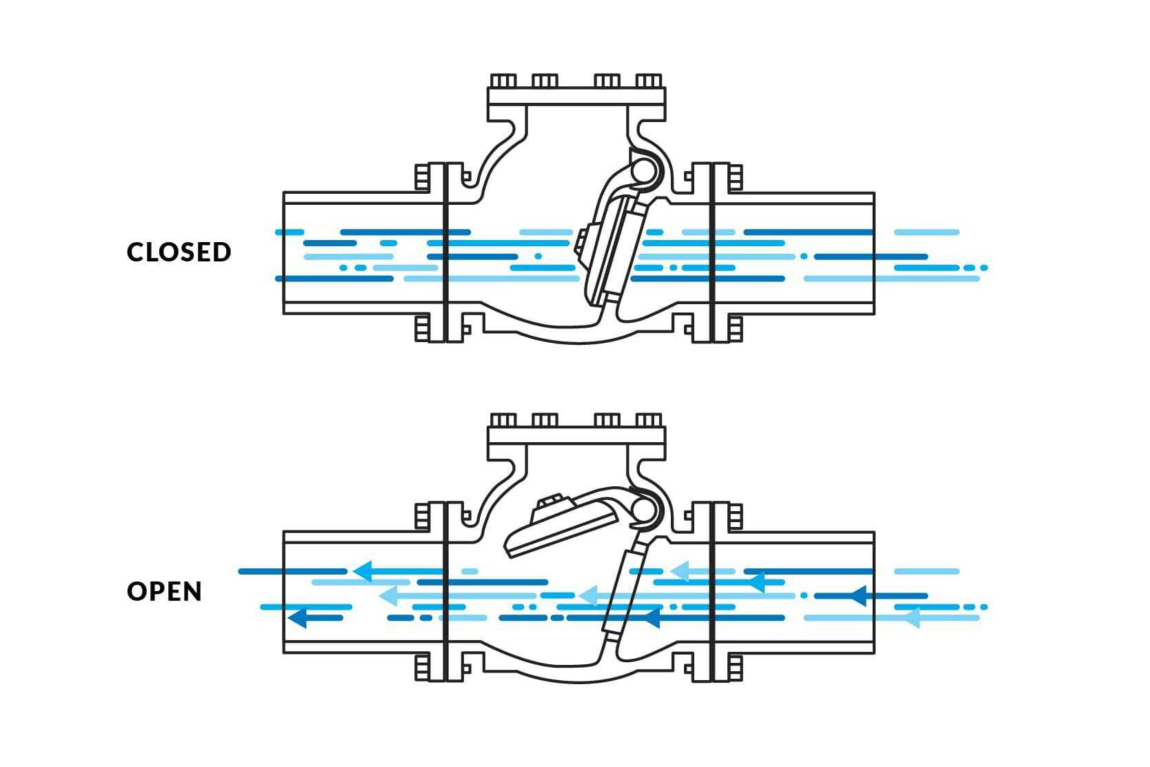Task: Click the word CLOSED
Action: click(x=179, y=252)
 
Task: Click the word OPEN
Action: click(x=164, y=591)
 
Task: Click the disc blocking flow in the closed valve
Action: click(x=609, y=252)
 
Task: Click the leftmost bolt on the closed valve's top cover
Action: click(x=503, y=81)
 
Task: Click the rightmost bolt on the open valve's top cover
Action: click(x=649, y=420)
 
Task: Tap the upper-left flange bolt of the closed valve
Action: click(x=421, y=177)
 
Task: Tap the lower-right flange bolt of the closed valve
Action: click(x=735, y=329)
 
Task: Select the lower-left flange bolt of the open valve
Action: click(x=421, y=668)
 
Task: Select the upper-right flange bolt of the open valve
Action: click(x=735, y=517)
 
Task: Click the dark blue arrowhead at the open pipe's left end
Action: click(x=297, y=617)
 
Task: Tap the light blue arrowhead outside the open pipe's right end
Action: click(x=911, y=617)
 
